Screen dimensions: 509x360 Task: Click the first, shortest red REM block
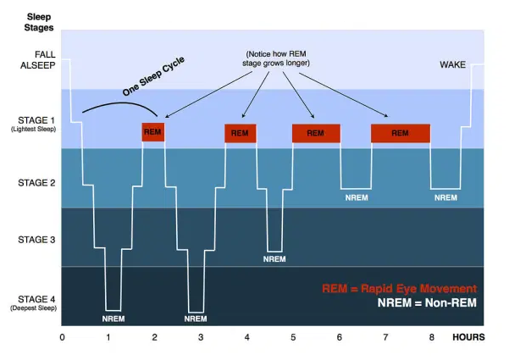153,132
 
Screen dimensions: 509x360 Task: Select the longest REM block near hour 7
401,134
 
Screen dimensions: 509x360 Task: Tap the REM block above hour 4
241,134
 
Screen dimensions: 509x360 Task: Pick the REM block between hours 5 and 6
316,134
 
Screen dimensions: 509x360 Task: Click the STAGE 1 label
36,120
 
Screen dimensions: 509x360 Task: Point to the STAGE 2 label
36,183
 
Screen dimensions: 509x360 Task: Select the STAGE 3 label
36,240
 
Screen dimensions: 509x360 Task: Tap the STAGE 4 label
36,299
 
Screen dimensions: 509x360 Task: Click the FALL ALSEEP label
37,60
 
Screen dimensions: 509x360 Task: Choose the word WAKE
452,64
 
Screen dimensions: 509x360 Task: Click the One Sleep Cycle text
153,76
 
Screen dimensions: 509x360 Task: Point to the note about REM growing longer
276,58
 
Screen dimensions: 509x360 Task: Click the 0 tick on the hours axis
62,338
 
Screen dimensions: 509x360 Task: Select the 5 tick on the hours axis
293,338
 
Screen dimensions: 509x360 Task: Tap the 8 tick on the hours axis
431,338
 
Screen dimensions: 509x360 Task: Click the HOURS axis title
468,338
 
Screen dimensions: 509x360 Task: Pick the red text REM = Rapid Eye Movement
399,289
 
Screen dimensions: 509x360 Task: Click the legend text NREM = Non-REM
427,303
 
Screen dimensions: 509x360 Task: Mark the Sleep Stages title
39,22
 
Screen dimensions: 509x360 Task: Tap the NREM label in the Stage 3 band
274,259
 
